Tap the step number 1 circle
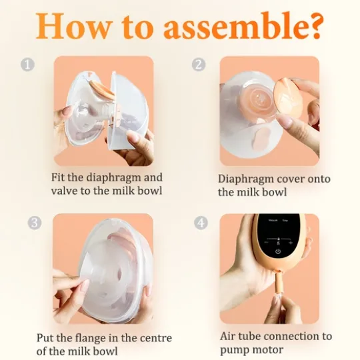(27, 65)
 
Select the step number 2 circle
(199, 65)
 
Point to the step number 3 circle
(35, 223)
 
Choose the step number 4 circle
(201, 223)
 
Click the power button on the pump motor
(278, 251)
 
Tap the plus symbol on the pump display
(291, 243)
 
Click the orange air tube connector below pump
(279, 282)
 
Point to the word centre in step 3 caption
(156, 339)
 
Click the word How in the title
(73, 26)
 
